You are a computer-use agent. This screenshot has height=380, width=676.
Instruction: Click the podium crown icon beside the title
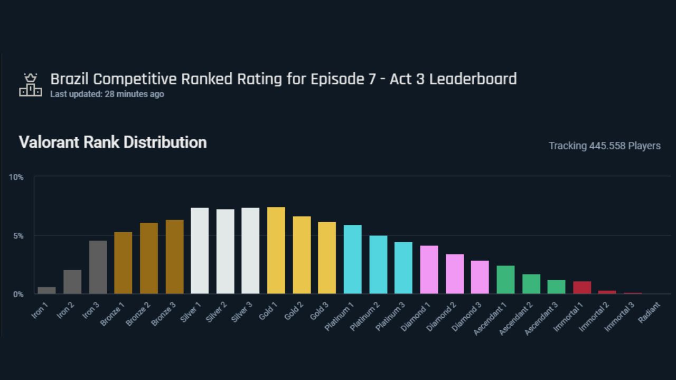(31, 85)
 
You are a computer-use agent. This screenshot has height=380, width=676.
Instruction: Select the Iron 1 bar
(46, 290)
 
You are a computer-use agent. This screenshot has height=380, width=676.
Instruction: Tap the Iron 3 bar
(98, 267)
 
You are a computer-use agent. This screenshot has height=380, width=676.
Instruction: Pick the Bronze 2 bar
(149, 258)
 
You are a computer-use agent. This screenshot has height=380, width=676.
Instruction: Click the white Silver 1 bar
(200, 251)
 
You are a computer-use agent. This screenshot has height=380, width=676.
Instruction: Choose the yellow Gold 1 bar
(276, 250)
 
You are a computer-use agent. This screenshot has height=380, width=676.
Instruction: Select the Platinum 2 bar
(378, 264)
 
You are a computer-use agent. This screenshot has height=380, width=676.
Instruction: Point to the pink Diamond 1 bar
(429, 270)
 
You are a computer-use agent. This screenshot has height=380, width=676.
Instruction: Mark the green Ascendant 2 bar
(531, 284)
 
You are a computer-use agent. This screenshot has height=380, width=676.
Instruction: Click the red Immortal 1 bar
(582, 288)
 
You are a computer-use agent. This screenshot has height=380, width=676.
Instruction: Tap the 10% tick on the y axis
(16, 177)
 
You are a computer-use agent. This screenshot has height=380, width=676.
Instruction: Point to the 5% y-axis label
(18, 236)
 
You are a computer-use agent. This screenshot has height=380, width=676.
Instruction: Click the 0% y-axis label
(18, 294)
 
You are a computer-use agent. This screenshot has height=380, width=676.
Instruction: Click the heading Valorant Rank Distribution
(112, 142)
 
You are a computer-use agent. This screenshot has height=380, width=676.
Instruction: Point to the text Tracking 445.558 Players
(604, 146)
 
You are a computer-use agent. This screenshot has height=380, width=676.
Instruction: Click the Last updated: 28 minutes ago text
(107, 94)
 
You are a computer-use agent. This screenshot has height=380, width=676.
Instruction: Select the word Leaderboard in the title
(473, 79)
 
